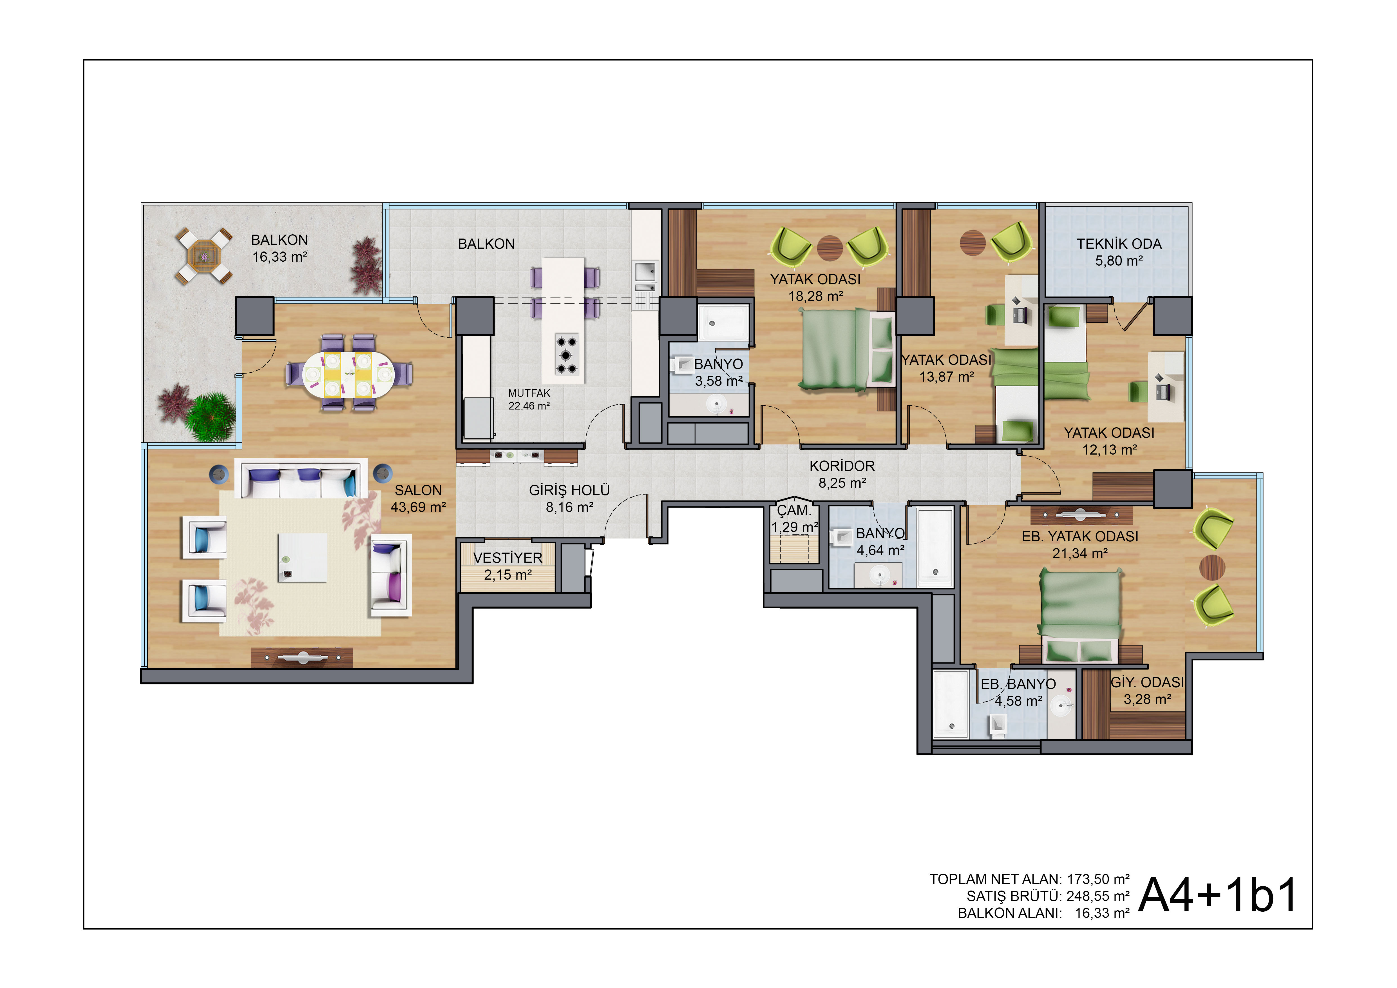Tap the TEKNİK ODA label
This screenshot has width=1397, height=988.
pyautogui.click(x=1119, y=244)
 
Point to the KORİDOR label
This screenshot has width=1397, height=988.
pyautogui.click(x=842, y=466)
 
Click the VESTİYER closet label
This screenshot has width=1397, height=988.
pyautogui.click(x=508, y=558)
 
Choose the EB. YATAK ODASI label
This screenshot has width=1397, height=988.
pyautogui.click(x=1080, y=536)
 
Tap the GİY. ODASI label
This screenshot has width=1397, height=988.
pyautogui.click(x=1148, y=682)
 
